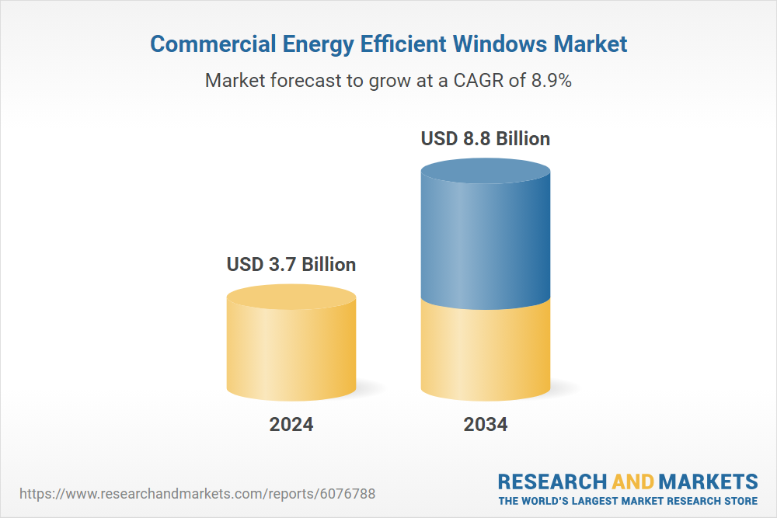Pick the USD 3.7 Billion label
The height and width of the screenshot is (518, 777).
click(291, 264)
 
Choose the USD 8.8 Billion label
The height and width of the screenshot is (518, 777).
click(486, 139)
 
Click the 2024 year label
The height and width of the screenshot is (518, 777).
click(291, 425)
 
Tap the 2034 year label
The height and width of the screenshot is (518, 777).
click(486, 425)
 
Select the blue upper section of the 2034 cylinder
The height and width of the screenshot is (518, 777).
click(486, 241)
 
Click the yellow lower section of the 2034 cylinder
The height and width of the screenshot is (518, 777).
click(486, 349)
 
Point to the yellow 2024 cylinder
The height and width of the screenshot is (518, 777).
click(291, 349)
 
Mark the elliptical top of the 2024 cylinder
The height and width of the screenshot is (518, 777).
click(291, 297)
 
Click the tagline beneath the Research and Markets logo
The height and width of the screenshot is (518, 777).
click(628, 500)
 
